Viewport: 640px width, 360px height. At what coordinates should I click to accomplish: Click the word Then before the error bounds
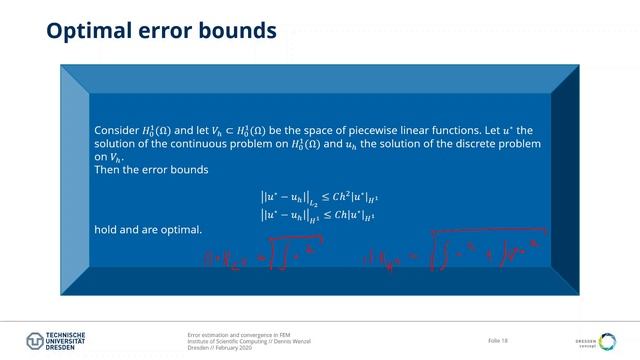(106, 170)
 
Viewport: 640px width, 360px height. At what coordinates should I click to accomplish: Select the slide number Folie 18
(498, 341)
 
